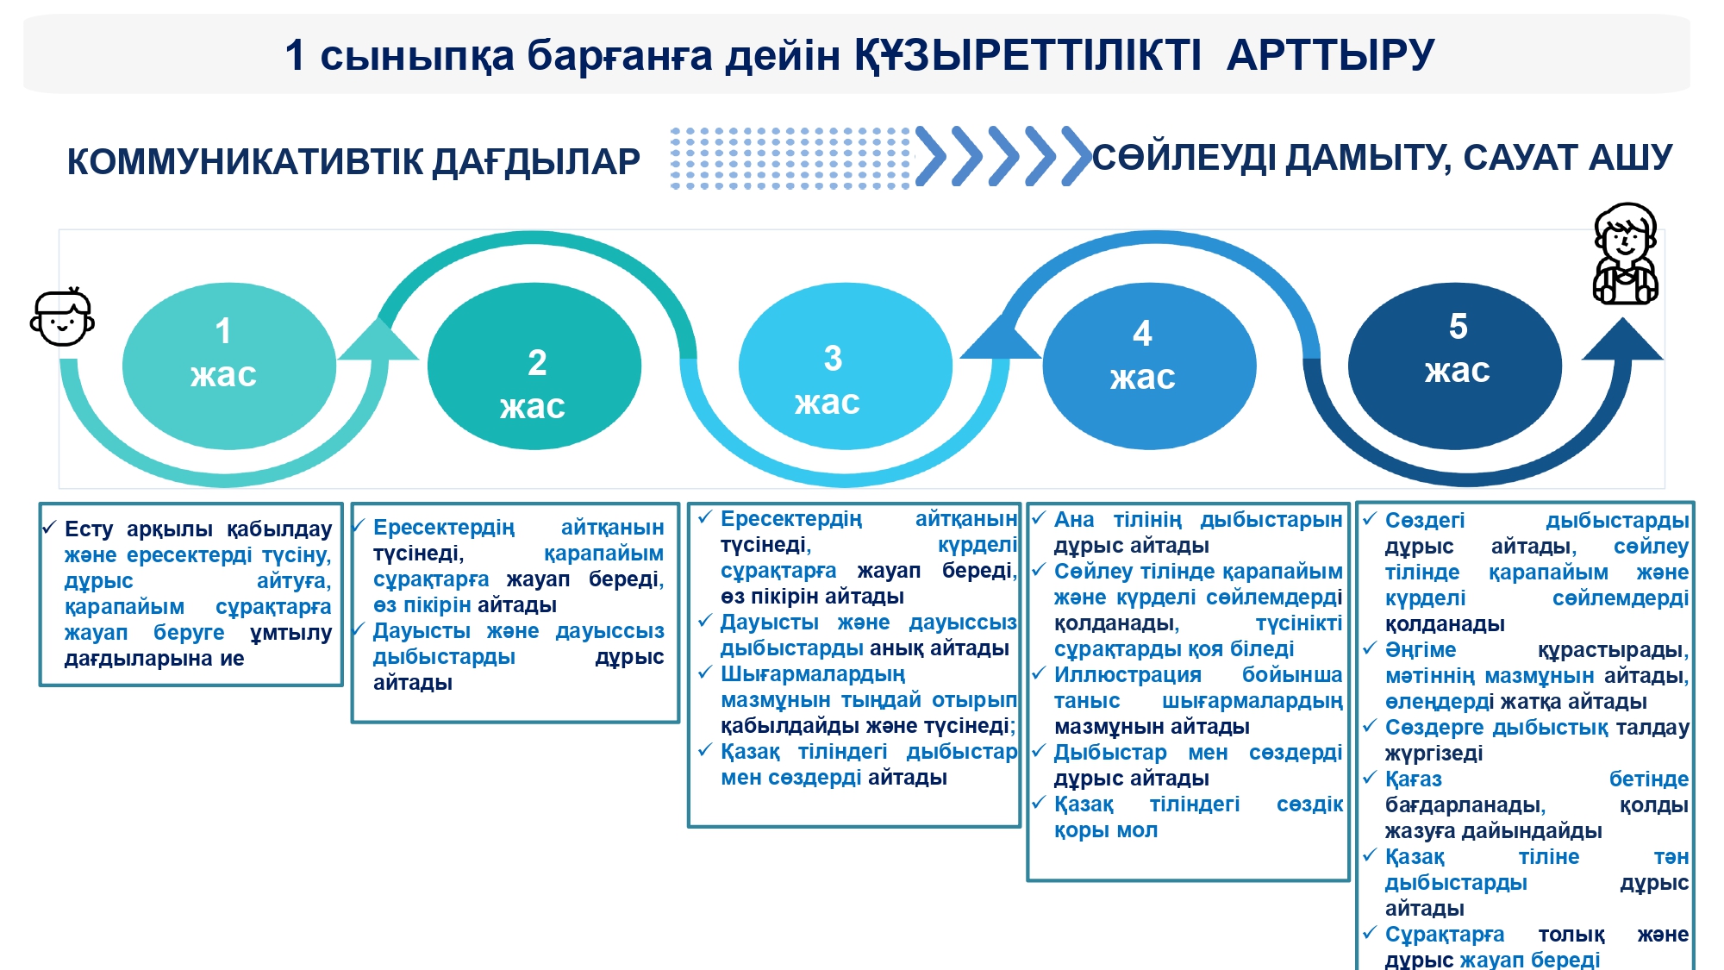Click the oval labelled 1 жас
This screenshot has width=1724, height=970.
pos(228,366)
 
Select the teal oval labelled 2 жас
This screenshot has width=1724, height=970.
pos(534,366)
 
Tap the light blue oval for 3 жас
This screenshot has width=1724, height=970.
pos(845,366)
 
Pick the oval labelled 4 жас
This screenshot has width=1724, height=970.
pos(1149,366)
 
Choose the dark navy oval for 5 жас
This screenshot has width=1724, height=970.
pos(1454,366)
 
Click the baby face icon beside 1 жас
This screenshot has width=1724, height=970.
pos(62,318)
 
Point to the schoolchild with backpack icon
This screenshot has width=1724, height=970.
pos(1625,253)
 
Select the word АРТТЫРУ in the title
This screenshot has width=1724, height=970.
pos(1330,55)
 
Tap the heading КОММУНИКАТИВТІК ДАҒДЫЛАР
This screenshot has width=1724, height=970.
pos(353,162)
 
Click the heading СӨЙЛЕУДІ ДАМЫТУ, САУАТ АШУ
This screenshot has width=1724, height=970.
pos(1382,158)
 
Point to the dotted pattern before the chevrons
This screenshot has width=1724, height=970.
pos(790,158)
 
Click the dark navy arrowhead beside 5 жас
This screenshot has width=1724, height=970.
pos(1622,341)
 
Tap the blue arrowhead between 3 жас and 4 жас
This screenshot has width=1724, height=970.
pos(1000,339)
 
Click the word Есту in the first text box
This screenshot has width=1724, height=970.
pos(89,529)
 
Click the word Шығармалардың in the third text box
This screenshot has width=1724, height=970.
pos(813,674)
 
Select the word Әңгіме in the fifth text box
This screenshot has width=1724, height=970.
pos(1420,650)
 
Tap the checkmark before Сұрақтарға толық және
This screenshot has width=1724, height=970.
pos(1370,932)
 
